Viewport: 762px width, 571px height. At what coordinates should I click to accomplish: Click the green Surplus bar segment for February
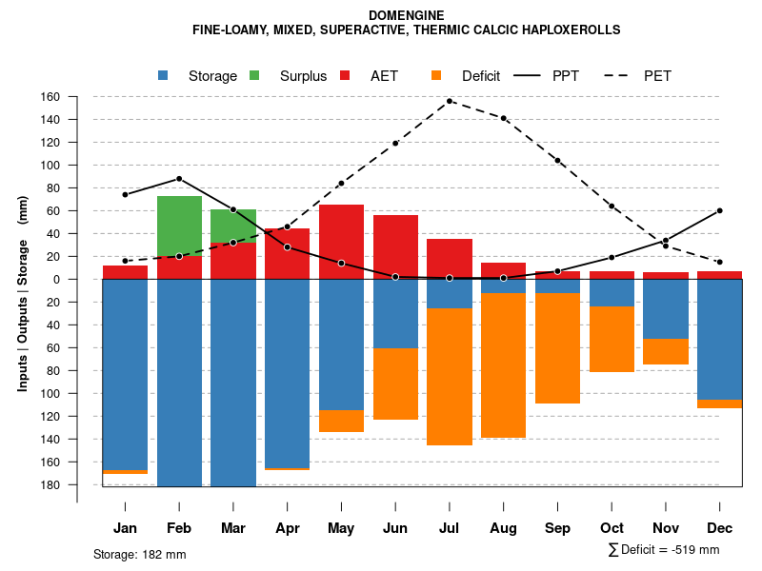pyautogui.click(x=179, y=226)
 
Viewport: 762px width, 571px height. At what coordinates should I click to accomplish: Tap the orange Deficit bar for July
pyautogui.click(x=450, y=377)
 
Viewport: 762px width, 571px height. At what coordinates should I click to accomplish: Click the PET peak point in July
pyautogui.click(x=450, y=101)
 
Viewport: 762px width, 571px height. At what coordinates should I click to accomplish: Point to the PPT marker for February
pyautogui.click(x=179, y=179)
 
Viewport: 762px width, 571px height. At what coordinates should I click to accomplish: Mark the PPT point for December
pyautogui.click(x=720, y=210)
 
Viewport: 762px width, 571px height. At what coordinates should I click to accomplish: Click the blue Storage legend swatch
pyautogui.click(x=163, y=76)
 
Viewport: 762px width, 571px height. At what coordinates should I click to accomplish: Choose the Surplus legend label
pyautogui.click(x=303, y=76)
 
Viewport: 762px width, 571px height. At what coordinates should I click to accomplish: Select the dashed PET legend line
pyautogui.click(x=618, y=76)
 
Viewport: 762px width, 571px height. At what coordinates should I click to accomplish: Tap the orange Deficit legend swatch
pyautogui.click(x=436, y=76)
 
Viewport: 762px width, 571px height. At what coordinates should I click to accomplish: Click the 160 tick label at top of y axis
pyautogui.click(x=77, y=97)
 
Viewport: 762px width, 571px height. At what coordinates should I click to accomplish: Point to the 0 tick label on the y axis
pyautogui.click(x=84, y=280)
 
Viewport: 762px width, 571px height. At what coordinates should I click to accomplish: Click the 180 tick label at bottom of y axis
pyautogui.click(x=77, y=485)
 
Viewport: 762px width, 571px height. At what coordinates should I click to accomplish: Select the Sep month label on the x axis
pyautogui.click(x=557, y=528)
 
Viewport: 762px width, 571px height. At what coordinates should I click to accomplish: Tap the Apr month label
pyautogui.click(x=287, y=528)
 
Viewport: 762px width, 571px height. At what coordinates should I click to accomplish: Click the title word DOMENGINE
pyautogui.click(x=406, y=15)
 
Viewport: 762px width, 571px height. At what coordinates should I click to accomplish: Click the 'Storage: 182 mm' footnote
pyautogui.click(x=139, y=554)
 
